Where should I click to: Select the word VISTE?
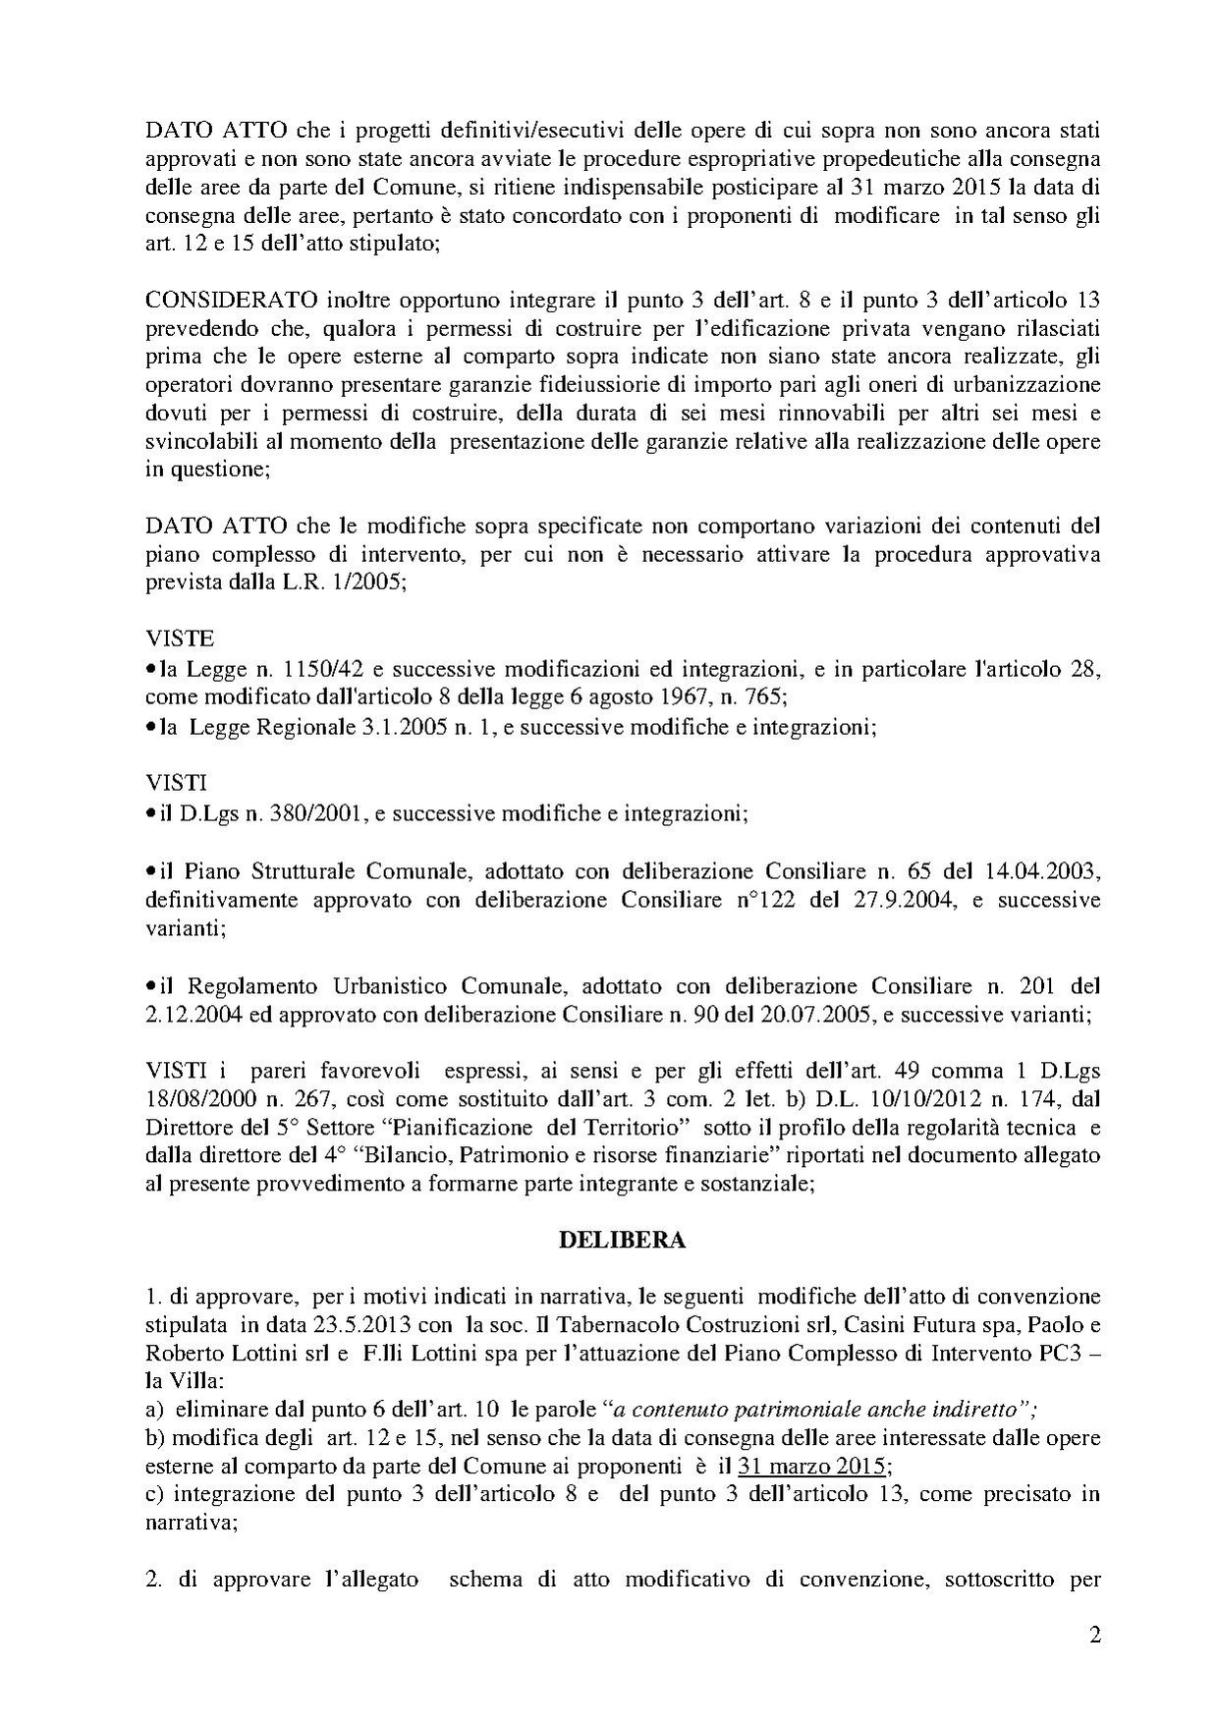179,639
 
